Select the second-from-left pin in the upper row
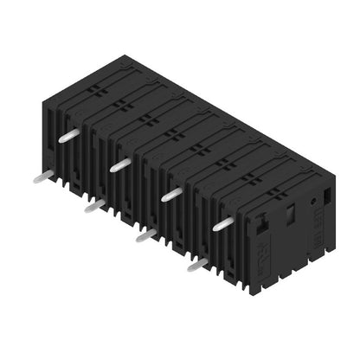120,163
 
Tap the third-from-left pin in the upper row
171,194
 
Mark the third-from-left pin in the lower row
145,234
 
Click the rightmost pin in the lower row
197,264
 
